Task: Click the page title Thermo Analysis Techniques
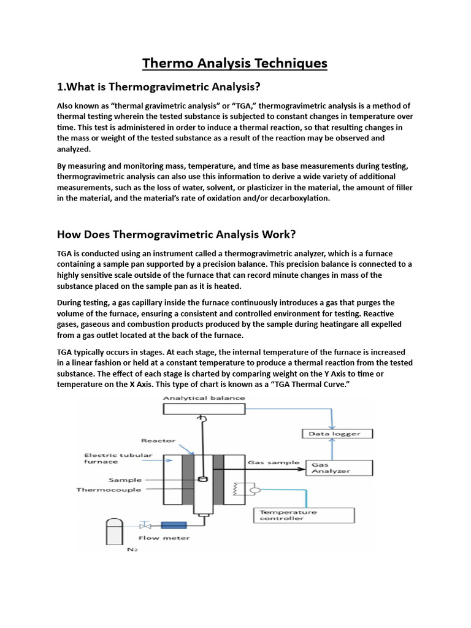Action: coord(235,63)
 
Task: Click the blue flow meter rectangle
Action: coord(174,526)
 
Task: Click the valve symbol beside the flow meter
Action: coord(145,526)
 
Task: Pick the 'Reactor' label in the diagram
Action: coord(158,440)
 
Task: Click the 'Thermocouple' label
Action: coord(109,490)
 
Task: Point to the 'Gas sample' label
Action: coord(273,462)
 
